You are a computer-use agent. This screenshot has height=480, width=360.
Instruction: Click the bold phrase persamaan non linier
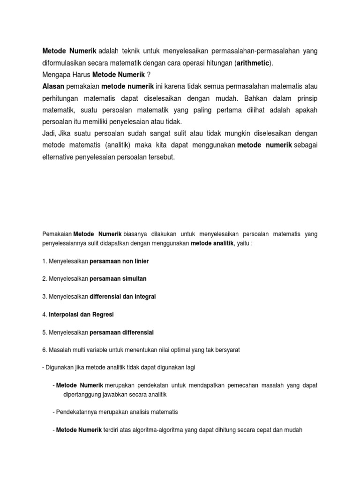coord(119,261)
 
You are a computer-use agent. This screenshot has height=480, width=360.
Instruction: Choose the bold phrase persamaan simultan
coord(118,278)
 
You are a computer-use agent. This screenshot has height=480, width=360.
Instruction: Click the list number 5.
coord(44,332)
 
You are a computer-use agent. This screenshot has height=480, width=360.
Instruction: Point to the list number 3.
coord(44,297)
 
